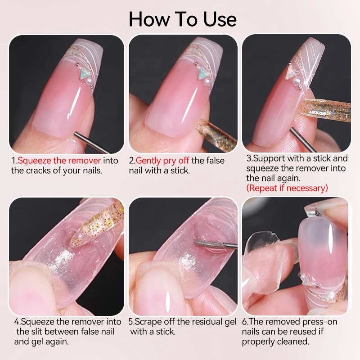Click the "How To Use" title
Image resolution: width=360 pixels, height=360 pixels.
pos(182,19)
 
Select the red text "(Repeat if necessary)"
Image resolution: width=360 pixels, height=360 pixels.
pos(287,188)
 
